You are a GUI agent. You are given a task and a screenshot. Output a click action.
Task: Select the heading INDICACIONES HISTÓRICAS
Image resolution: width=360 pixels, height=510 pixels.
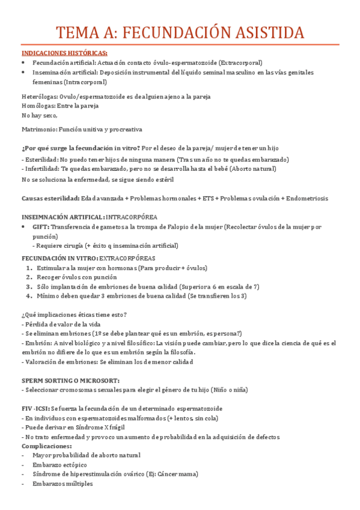click(64, 53)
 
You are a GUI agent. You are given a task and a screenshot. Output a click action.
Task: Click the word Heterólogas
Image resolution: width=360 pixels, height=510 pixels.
click(38, 96)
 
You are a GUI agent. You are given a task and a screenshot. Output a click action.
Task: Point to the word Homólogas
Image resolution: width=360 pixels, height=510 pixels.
click(37, 105)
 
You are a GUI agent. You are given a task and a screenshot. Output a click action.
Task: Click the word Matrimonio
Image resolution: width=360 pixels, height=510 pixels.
click(39, 129)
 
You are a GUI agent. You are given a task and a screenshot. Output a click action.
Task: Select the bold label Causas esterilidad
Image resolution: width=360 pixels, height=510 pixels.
click(50, 198)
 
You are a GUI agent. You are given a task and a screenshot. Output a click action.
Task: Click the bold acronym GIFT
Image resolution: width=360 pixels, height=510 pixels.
click(41, 227)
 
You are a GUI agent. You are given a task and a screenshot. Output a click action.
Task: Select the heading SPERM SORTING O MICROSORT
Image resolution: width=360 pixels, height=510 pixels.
click(70, 381)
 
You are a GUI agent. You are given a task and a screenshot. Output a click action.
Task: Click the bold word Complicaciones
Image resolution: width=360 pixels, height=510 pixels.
click(46, 446)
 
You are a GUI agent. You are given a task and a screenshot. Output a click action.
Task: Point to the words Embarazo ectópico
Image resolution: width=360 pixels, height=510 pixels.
click(59, 465)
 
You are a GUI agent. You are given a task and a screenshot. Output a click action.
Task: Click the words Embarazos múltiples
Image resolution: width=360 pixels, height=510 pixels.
click(63, 484)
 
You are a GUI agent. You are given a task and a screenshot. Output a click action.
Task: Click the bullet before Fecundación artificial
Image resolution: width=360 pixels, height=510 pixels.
click(23, 63)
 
